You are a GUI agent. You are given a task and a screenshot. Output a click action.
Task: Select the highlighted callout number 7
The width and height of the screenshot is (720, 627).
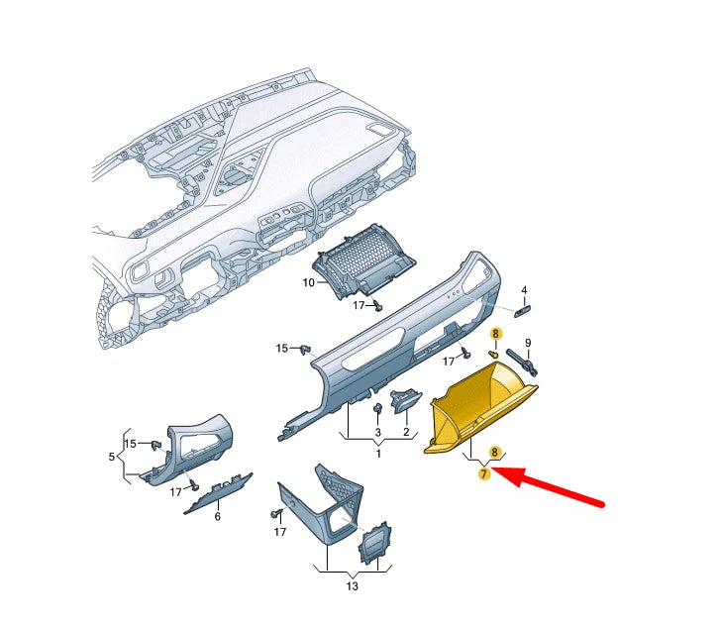tap(484, 474)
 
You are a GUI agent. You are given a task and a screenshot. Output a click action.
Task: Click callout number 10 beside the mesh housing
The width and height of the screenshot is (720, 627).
tap(308, 283)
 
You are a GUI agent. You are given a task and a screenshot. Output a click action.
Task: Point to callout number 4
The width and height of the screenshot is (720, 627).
tap(525, 290)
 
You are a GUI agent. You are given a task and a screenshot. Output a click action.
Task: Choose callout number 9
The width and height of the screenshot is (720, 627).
tap(528, 343)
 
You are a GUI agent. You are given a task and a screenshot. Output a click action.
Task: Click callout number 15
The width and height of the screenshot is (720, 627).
tap(281, 348)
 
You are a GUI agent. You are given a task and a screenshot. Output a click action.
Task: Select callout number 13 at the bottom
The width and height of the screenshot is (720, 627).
tap(351, 585)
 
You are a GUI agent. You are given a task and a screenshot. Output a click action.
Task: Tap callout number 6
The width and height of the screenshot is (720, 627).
tap(217, 516)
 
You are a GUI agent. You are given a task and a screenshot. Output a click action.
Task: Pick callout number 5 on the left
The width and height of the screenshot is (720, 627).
tap(111, 457)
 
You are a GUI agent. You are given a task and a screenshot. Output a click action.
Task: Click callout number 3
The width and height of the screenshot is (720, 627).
tap(377, 433)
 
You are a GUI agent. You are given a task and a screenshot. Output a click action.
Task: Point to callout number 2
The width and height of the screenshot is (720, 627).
tap(406, 433)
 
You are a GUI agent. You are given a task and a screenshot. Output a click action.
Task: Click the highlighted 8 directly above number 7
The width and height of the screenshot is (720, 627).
tap(494, 452)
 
